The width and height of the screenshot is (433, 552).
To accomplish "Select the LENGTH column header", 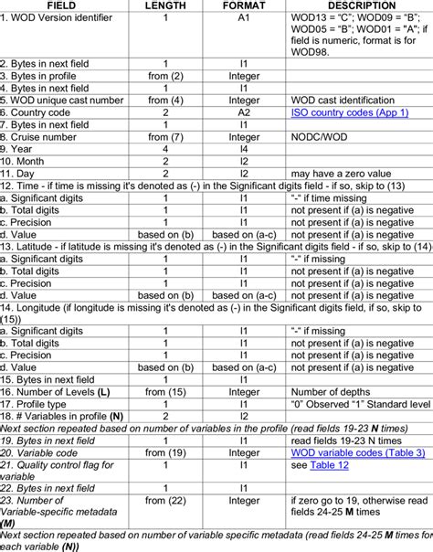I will pyautogui.click(x=164, y=5).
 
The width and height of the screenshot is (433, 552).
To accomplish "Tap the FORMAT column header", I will pyautogui.click(x=243, y=5).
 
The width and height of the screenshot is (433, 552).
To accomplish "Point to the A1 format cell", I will pyautogui.click(x=243, y=17).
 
